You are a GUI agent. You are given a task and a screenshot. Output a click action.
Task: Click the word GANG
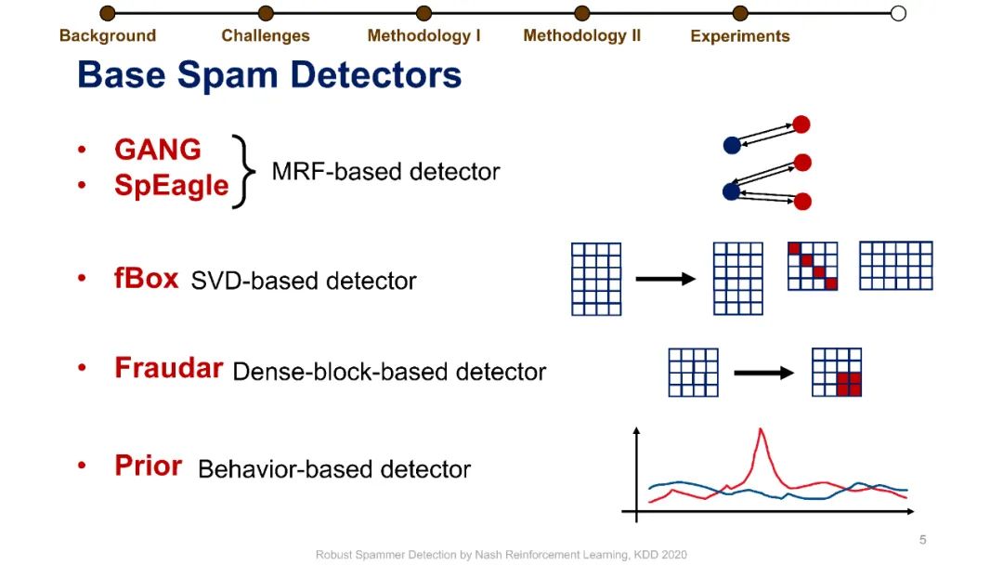click(157, 150)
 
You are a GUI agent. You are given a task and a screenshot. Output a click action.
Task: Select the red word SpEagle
click(171, 185)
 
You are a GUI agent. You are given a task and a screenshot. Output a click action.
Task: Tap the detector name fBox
click(146, 279)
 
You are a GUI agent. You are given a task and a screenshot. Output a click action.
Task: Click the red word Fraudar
click(168, 368)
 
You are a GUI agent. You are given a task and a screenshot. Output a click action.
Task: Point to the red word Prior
click(148, 466)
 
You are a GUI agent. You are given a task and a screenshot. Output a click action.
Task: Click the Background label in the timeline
click(108, 36)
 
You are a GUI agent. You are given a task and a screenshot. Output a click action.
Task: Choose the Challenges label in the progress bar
click(266, 36)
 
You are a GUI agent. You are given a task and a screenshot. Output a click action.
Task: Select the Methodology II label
click(581, 36)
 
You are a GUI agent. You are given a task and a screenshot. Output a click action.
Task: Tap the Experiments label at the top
click(740, 36)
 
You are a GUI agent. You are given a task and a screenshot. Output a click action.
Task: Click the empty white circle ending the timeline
click(897, 13)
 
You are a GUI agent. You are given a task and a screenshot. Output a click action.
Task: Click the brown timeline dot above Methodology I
click(423, 13)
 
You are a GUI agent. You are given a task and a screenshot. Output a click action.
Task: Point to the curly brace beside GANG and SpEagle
click(242, 171)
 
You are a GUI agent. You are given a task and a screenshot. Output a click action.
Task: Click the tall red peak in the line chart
click(762, 433)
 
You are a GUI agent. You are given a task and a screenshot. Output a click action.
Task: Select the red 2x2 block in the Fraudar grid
click(849, 384)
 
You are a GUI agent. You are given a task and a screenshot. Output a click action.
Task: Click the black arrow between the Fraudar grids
click(763, 374)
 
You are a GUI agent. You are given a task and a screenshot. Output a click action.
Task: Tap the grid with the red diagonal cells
click(813, 265)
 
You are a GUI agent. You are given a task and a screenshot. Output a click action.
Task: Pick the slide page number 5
click(922, 540)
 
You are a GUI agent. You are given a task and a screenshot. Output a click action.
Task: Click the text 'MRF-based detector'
click(385, 172)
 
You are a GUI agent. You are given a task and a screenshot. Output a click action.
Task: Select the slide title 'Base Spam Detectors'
click(269, 74)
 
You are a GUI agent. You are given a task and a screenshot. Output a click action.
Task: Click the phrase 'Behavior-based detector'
click(334, 469)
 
